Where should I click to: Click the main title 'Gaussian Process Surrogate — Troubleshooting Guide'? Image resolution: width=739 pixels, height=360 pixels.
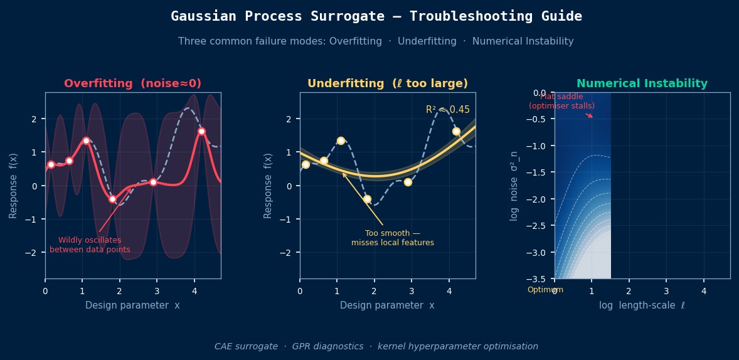pos(376,16)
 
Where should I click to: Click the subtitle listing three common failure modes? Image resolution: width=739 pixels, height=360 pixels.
pos(376,41)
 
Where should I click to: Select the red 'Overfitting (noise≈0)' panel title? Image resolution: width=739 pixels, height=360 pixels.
pos(133,83)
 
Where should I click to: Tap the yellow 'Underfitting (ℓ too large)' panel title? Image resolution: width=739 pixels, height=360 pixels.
pos(388,83)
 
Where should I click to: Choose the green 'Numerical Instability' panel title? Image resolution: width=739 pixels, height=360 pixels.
pos(642,83)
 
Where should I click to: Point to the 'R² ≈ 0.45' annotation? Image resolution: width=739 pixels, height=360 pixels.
pos(447,110)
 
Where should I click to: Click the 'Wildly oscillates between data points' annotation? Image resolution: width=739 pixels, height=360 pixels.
pos(90,245)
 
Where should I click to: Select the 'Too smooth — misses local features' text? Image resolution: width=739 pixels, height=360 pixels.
pos(392,238)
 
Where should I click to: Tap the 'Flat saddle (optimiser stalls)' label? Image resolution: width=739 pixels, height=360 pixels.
pos(561,102)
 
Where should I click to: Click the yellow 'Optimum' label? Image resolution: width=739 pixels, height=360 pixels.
pos(545,290)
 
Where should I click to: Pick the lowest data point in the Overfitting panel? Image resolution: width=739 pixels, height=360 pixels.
pos(113,199)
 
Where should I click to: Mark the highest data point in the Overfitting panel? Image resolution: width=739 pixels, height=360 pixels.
pos(201,131)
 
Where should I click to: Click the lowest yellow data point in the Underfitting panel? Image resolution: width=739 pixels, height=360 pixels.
pos(367,199)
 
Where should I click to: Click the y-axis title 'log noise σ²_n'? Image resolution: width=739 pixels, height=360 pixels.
pos(514,186)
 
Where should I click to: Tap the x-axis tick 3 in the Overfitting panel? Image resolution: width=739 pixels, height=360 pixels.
pos(157,290)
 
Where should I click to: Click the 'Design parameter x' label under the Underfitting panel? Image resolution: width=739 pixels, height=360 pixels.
pos(387,305)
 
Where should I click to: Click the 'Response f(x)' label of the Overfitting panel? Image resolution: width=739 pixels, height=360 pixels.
pos(14,186)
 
